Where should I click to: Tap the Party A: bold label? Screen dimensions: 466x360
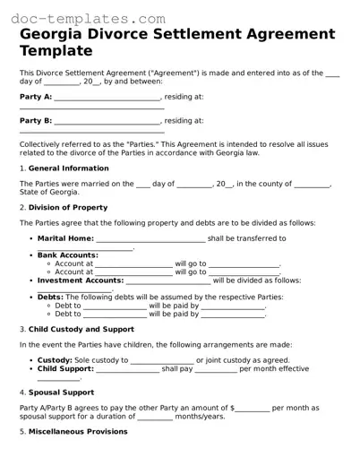tap(36, 96)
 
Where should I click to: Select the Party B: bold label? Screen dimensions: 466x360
tap(36, 120)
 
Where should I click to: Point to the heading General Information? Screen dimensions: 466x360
tap(67, 168)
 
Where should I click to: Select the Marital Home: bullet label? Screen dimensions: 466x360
tap(65, 238)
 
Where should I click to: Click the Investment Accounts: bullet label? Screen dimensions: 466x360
tap(79, 280)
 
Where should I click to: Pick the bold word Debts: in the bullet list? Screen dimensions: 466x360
tap(50, 297)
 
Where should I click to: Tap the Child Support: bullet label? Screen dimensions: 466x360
tap(65, 368)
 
